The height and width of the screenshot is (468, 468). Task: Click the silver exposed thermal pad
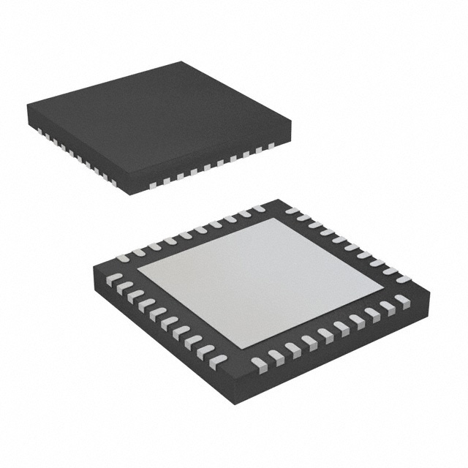point(249,282)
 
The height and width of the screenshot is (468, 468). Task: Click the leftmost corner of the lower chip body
point(94,268)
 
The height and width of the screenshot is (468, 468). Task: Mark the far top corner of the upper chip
point(182,62)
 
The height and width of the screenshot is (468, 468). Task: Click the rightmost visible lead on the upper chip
point(271,146)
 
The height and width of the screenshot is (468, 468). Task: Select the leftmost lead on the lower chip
point(113,277)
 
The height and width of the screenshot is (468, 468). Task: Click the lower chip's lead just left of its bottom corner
point(219,361)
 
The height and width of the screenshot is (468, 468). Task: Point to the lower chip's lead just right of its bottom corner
point(258,363)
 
